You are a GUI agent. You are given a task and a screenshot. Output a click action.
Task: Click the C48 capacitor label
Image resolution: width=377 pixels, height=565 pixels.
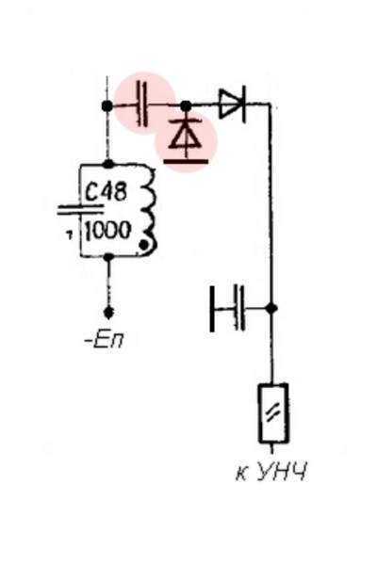point(107,191)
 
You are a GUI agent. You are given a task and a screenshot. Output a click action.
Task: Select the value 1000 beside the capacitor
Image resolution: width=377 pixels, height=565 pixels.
point(107,230)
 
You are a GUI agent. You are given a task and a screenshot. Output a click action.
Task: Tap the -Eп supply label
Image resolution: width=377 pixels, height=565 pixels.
point(105,340)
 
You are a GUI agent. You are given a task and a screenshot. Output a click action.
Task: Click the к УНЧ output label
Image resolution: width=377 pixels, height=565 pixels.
point(271,472)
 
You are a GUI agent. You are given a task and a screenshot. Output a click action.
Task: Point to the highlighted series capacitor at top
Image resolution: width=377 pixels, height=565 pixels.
point(142,104)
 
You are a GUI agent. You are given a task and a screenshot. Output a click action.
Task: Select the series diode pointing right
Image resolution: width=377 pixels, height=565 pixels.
point(233,105)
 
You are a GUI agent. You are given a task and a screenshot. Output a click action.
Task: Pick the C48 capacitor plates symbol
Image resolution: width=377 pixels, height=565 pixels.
point(80,210)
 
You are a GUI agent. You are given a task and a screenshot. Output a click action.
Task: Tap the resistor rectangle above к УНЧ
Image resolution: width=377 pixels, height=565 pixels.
point(273,413)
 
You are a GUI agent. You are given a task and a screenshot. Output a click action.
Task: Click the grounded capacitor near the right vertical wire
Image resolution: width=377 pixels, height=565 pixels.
point(227,309)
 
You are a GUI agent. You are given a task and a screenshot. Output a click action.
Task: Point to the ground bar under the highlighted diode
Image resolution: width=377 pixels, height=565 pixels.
point(186,161)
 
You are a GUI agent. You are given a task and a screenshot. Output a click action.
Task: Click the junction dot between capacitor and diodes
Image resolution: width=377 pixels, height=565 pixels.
point(186,105)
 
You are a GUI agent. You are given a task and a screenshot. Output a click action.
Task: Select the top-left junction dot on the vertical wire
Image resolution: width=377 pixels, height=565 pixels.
point(107,105)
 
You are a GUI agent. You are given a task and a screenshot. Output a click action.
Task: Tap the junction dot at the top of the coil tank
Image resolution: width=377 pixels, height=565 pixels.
point(108,165)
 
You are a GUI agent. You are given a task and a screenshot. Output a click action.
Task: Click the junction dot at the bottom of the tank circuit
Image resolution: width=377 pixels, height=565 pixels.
point(108,256)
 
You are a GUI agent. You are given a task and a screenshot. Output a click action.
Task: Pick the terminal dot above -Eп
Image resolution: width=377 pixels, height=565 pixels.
point(108,312)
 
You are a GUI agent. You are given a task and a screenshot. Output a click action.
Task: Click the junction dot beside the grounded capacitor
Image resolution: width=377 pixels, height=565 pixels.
point(271,309)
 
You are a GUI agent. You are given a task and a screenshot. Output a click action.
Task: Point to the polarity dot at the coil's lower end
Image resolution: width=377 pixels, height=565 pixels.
point(144,245)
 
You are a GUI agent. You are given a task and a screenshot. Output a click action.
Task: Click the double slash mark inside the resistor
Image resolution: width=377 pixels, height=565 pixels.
point(273,413)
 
